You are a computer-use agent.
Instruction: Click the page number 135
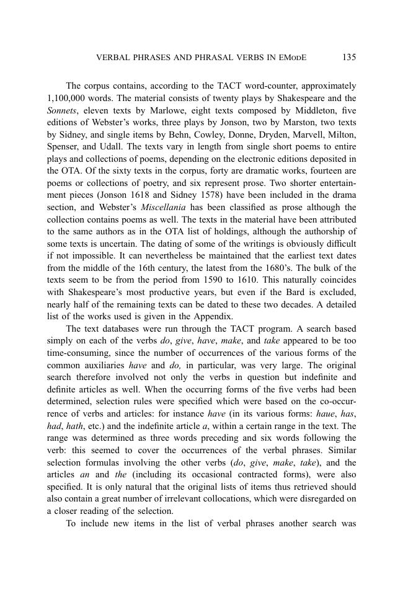point(349,58)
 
